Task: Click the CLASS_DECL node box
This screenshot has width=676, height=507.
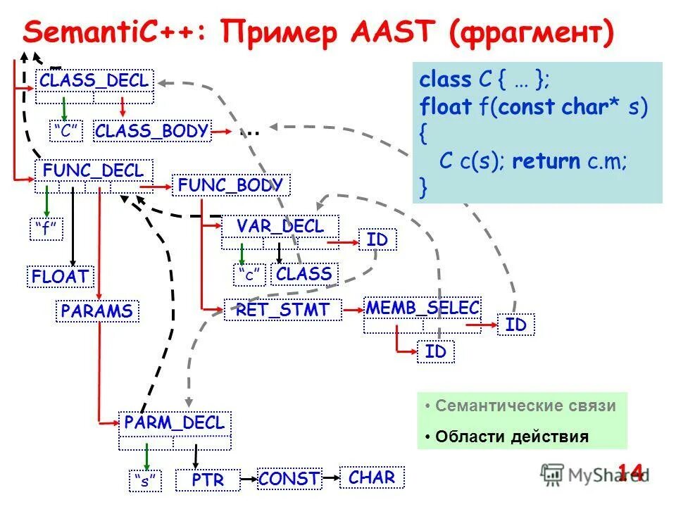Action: [94, 80]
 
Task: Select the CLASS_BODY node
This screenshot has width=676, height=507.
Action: [151, 131]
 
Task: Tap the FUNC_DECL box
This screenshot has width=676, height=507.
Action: [93, 171]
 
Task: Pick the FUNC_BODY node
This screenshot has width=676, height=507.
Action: [230, 185]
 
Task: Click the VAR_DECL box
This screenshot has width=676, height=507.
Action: [280, 227]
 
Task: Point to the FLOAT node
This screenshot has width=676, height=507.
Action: [61, 276]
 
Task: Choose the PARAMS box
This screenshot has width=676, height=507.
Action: [97, 311]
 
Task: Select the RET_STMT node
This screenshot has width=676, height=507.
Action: [282, 310]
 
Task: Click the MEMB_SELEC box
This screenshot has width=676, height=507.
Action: [423, 308]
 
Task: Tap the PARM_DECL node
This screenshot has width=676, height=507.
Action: [174, 423]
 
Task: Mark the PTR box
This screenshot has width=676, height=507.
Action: [208, 480]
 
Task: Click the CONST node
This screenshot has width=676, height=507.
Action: [289, 479]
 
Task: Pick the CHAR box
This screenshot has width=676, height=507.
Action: [372, 477]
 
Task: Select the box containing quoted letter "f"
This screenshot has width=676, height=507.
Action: [46, 230]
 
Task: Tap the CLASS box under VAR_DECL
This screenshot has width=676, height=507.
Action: [304, 274]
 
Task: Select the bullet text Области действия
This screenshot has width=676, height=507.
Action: [511, 437]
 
